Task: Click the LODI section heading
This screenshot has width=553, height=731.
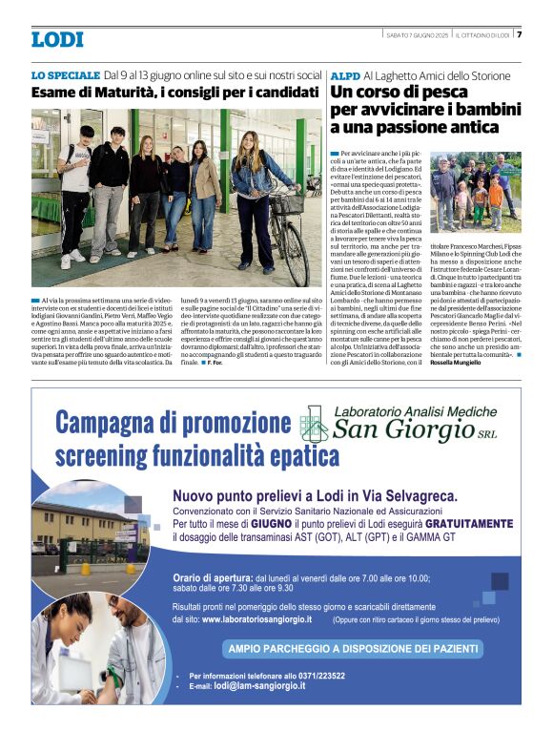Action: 57,39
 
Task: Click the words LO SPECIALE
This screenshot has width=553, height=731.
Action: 65,74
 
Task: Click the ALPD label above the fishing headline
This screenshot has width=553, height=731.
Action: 344,75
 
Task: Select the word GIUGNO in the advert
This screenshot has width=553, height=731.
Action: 282,524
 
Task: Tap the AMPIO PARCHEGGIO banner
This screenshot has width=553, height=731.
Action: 351,649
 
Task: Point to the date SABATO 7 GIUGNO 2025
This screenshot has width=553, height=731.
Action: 417,35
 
